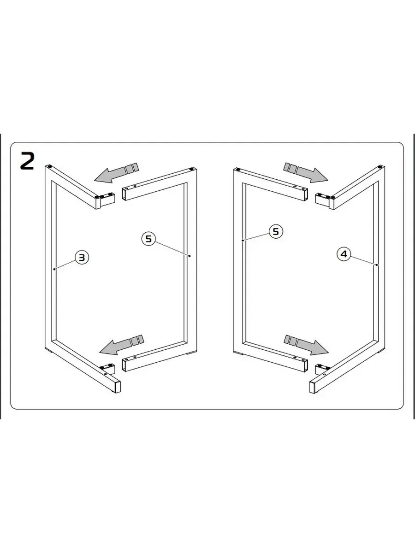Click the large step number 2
(x=27, y=161)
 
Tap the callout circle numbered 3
(x=82, y=257)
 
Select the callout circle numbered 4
(x=344, y=254)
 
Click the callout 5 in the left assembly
(x=148, y=238)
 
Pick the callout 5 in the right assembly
(x=276, y=231)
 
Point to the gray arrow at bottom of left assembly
(x=122, y=345)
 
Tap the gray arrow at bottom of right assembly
(x=306, y=345)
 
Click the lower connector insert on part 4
(x=322, y=369)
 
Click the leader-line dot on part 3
(x=54, y=269)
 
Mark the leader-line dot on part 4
(x=376, y=265)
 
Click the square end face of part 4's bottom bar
(x=312, y=388)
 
